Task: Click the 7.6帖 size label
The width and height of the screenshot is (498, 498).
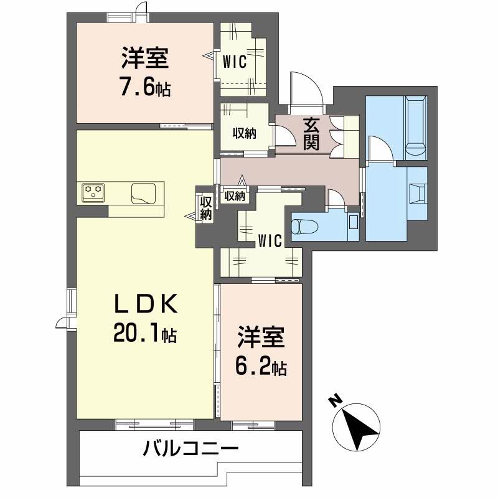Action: tap(144, 88)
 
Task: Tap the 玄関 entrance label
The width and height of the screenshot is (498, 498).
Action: tap(312, 133)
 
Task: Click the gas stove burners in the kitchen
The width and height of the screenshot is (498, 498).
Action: tap(94, 191)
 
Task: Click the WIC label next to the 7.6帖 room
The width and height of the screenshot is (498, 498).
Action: tap(235, 61)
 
